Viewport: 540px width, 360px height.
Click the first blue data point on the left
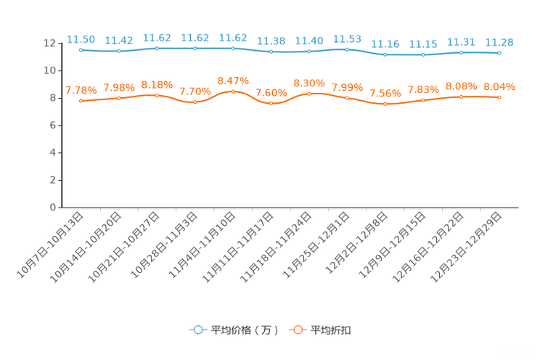81,49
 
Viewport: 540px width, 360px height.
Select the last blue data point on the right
499,53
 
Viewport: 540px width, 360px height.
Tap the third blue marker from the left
157,48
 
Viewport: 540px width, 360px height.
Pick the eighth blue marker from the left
348,49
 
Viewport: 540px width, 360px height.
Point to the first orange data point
81,101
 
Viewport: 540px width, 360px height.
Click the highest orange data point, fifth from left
233,91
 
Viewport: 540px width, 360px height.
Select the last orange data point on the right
499,97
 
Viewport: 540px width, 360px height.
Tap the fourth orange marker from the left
195,103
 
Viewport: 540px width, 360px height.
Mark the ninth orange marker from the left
385,105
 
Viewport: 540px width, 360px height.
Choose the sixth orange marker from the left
271,104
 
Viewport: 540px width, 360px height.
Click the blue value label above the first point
81,38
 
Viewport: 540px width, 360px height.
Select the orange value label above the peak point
233,80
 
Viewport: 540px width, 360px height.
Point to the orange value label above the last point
499,86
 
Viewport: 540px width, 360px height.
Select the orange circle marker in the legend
297,330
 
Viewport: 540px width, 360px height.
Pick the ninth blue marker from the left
385,54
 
